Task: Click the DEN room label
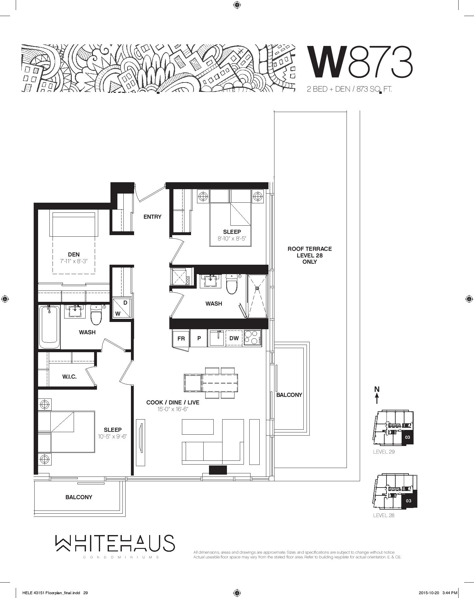pos(74,254)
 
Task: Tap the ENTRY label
pos(152,217)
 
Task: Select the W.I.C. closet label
pos(69,376)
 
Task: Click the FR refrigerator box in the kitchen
pos(181,338)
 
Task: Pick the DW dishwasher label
pos(234,338)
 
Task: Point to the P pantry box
pos(199,338)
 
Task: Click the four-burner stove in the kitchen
pos(252,338)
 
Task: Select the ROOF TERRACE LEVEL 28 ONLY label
pos(310,255)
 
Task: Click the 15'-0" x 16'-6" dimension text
pos(173,409)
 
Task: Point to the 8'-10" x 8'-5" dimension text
pos(232,239)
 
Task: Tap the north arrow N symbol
pos(377,395)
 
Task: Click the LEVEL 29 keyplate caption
pos(384,452)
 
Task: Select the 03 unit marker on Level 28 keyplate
pos(409,500)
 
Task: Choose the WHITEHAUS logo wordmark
pos(115,543)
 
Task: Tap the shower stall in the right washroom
pos(257,296)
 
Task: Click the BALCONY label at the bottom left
pos(79,497)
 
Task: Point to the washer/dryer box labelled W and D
pos(121,308)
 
